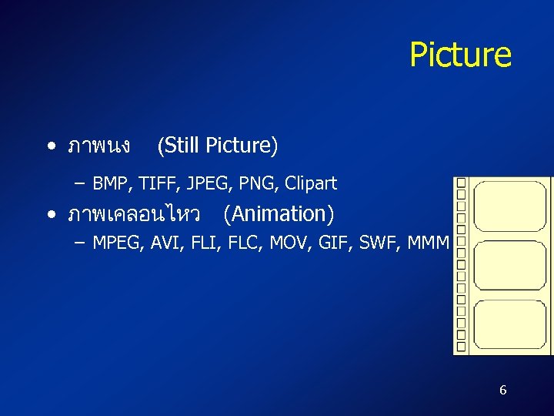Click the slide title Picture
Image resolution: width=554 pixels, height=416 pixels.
[x=460, y=55]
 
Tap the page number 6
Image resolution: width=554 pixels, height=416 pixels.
[x=502, y=390]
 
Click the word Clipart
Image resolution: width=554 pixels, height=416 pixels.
[x=311, y=183]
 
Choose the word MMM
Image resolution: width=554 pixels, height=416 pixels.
[x=428, y=243]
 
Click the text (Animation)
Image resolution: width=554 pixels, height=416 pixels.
[x=279, y=213]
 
